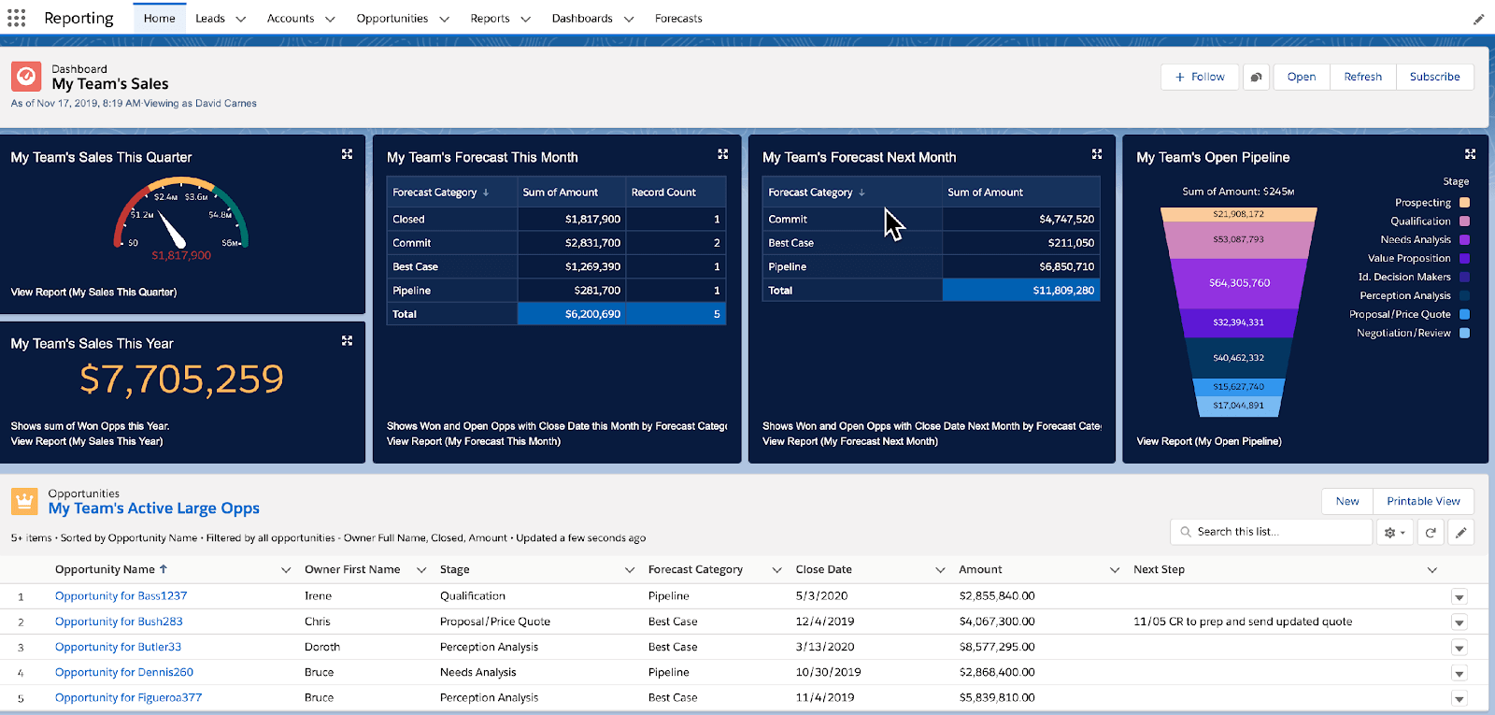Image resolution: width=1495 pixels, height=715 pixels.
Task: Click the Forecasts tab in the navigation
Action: pyautogui.click(x=678, y=19)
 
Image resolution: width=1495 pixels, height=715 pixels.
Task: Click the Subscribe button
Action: pyautogui.click(x=1434, y=77)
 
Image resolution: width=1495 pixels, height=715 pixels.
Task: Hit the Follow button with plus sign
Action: pyautogui.click(x=1200, y=77)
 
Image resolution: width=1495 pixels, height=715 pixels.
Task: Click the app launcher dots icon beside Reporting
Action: pyautogui.click(x=17, y=18)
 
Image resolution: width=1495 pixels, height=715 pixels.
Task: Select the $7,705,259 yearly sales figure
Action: pyautogui.click(x=182, y=379)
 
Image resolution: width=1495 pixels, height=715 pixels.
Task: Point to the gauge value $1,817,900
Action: pyautogui.click(x=181, y=255)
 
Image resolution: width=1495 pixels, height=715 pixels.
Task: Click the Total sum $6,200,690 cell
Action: pyautogui.click(x=592, y=314)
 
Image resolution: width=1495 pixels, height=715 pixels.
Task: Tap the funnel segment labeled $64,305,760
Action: pyautogui.click(x=1239, y=283)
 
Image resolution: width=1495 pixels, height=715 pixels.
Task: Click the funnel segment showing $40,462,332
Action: pyautogui.click(x=1238, y=358)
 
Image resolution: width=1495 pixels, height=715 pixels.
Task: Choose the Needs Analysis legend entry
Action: pyautogui.click(x=1416, y=240)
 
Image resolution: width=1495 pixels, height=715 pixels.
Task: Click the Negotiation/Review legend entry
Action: pyautogui.click(x=1403, y=334)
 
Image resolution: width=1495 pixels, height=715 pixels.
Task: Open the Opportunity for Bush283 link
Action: pyautogui.click(x=119, y=622)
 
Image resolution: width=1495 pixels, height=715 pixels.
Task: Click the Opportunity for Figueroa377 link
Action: pyautogui.click(x=128, y=698)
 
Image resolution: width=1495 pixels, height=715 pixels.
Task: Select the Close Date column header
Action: pyautogui.click(x=823, y=569)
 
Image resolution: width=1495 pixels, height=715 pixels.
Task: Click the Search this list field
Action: pyautogui.click(x=1271, y=532)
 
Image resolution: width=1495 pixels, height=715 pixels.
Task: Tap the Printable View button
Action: pyautogui.click(x=1423, y=501)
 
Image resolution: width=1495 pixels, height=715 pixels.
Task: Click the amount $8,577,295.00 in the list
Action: pyautogui.click(x=996, y=647)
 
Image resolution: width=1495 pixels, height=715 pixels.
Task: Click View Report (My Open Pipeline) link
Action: pyautogui.click(x=1208, y=441)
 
